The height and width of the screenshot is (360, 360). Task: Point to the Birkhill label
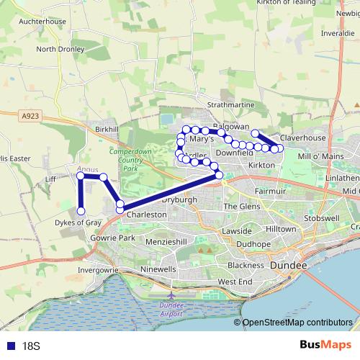click(106, 129)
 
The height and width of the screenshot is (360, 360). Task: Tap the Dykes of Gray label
click(78, 222)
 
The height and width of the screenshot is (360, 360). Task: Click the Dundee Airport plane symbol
click(171, 294)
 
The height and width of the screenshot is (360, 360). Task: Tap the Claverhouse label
click(303, 138)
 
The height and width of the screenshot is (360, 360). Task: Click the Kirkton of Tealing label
click(287, 3)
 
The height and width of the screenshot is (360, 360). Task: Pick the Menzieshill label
click(171, 243)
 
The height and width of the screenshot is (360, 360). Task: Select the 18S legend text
click(30, 346)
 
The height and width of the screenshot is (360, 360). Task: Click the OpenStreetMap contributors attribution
click(297, 323)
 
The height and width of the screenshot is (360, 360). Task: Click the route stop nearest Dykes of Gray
click(81, 211)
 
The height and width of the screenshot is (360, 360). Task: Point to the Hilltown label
click(281, 228)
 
